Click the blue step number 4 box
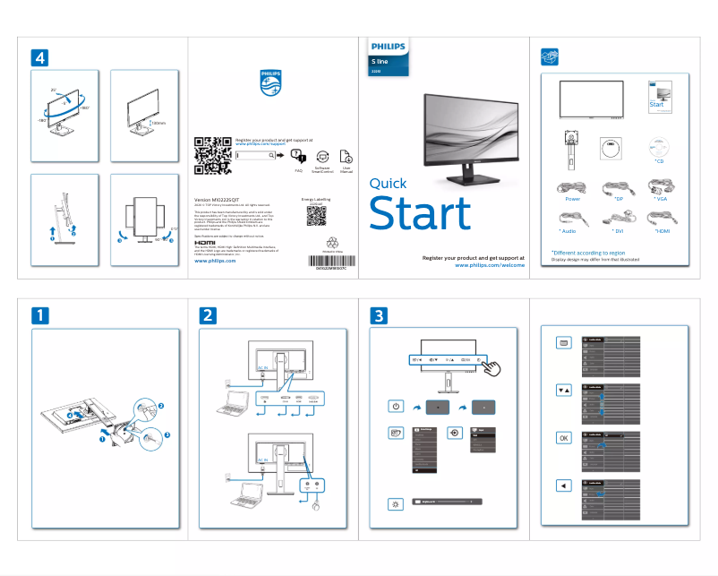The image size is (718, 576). (x=39, y=56)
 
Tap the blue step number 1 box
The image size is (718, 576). (x=39, y=315)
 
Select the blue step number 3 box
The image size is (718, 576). (x=380, y=315)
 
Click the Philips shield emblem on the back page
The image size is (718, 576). (x=271, y=82)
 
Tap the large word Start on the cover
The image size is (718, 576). (x=420, y=213)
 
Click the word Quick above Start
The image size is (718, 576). (x=388, y=184)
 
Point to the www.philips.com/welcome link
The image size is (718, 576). (x=490, y=265)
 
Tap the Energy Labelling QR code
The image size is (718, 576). (x=316, y=215)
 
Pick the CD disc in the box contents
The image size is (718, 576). (x=659, y=146)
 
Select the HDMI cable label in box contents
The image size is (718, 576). (x=662, y=231)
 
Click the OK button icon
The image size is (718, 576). (x=563, y=438)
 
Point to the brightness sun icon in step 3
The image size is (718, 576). (x=396, y=503)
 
